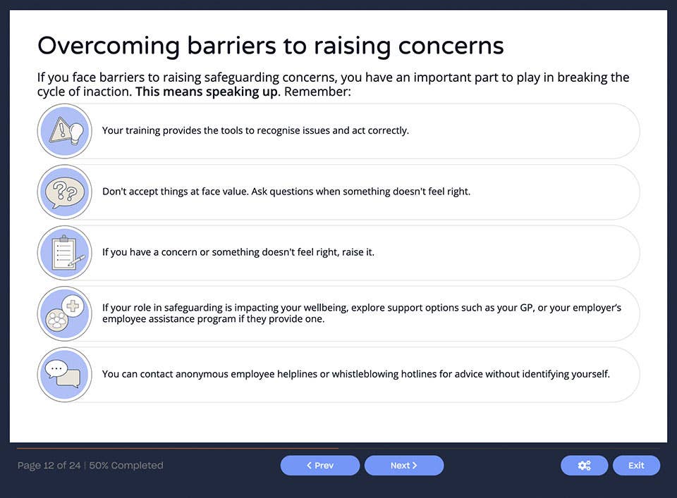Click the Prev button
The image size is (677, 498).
[320, 466]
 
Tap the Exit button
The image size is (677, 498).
[636, 466]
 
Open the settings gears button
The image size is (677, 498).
[584, 466]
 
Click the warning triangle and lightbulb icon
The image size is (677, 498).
[64, 131]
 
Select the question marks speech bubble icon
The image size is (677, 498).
[64, 192]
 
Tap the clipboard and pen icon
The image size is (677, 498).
[64, 253]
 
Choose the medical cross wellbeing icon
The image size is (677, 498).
[64, 313]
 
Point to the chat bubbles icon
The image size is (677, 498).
[64, 374]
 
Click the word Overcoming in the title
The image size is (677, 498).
[108, 46]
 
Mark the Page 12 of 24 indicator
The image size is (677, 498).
[49, 466]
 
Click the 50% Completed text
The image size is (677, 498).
[126, 466]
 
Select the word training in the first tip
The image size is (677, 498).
[142, 130]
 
